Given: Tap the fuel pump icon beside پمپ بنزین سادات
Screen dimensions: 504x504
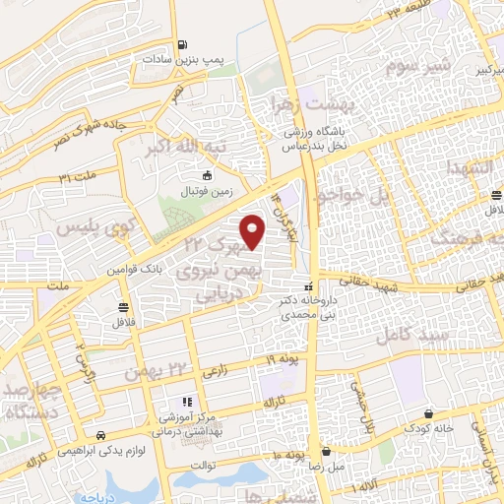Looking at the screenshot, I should [x=183, y=43].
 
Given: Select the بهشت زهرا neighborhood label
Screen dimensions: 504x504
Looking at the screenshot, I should [x=312, y=102].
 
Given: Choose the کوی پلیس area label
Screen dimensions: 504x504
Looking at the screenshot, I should [x=81, y=228].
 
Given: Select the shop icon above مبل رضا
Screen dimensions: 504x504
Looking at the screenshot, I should [x=325, y=452].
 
